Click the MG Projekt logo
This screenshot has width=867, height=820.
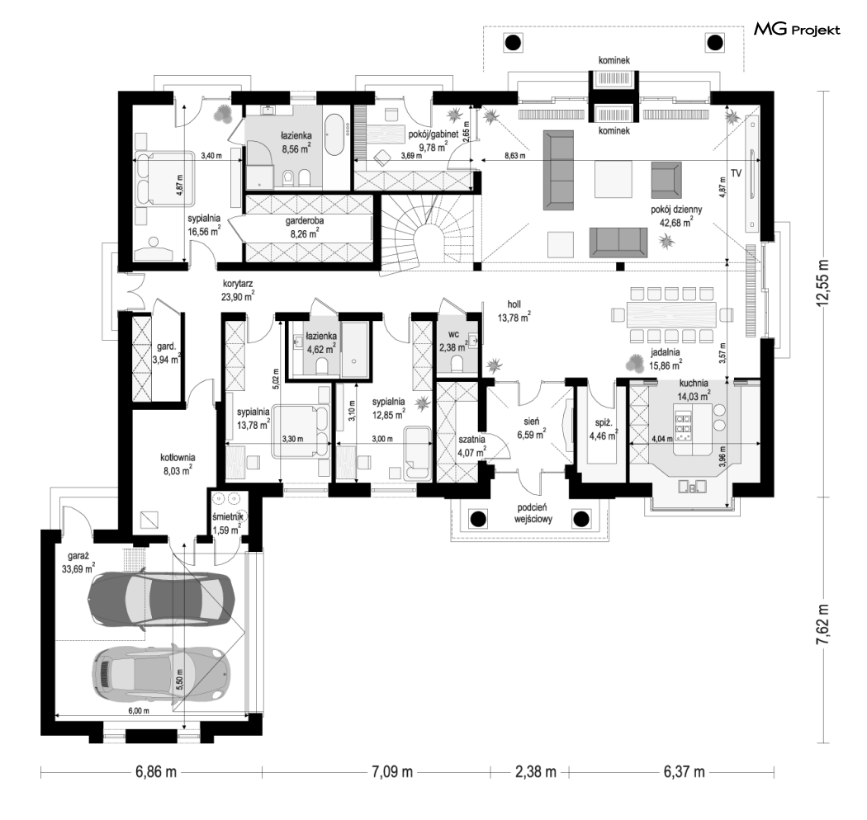pos(797,30)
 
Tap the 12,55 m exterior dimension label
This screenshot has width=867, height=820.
pos(824,281)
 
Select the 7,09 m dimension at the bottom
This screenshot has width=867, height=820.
pos(391,771)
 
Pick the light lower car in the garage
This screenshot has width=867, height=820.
pos(161,673)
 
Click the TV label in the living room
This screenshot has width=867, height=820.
pos(736,173)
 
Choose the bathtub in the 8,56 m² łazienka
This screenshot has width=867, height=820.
pos(335,135)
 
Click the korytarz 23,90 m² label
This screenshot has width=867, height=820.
pos(238,290)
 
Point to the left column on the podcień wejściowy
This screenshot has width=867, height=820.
pos(478,519)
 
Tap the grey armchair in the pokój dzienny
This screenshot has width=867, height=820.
pos(666,180)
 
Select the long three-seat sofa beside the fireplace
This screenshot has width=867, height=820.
pos(558,170)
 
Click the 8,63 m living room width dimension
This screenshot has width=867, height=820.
pos(514,156)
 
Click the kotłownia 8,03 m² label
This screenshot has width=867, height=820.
pos(178,464)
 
